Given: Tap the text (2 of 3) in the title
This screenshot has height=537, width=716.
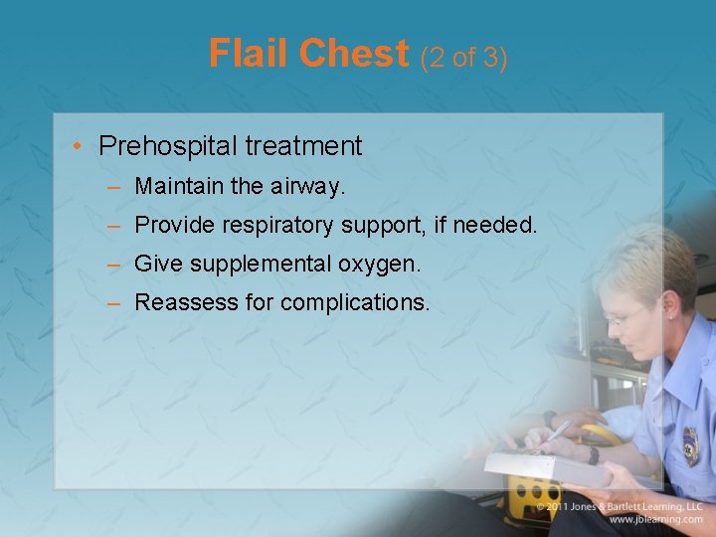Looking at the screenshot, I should pos(463,58).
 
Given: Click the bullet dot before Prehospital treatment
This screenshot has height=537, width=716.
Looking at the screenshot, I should pos(78,147).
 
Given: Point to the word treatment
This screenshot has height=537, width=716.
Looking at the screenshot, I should pos(302,147).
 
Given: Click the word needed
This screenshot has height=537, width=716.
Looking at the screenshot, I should pos(494,226).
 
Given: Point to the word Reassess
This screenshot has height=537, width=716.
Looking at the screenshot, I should pos(180,303).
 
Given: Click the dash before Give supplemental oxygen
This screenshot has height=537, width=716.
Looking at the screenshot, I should pos(115,266).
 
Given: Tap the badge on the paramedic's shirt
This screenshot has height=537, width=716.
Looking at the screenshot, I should pos(690,446).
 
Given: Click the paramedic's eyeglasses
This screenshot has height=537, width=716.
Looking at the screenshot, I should pos(626,317).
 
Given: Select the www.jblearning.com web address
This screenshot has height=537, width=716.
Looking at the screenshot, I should pos(656,519).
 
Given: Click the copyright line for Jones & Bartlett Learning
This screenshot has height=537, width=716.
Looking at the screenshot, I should pos(622,506).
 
